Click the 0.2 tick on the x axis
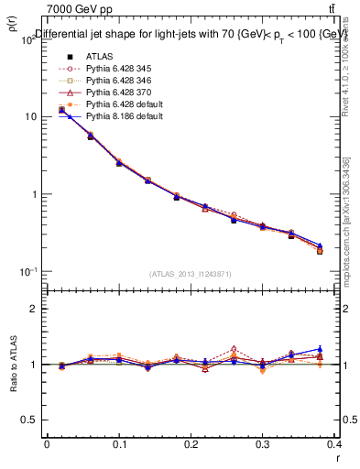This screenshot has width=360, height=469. click(x=192, y=443)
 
